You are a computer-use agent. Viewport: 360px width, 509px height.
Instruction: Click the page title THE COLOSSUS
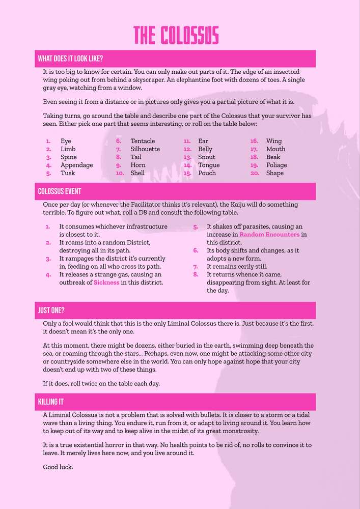point(176,36)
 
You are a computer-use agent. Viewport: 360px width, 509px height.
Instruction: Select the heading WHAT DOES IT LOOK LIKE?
point(71,59)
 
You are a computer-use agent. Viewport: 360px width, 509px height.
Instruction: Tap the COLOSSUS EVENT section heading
point(60,191)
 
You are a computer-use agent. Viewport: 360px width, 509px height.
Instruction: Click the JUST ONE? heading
point(51,310)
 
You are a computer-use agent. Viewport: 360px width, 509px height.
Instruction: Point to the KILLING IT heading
point(51,402)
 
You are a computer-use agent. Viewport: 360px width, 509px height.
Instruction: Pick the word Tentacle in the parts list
point(143,141)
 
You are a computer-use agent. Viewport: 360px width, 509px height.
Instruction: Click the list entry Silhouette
point(145,149)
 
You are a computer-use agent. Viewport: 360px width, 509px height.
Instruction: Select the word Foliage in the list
point(276,165)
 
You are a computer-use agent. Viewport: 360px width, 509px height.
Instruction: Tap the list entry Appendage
point(77,165)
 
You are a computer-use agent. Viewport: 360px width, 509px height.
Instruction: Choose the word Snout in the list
point(207,157)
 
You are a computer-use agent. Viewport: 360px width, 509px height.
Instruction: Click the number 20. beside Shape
point(254,173)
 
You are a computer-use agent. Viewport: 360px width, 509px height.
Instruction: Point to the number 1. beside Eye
point(48,141)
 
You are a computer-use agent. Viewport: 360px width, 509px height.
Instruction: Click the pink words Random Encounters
point(269,235)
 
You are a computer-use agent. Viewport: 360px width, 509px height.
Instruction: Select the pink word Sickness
point(106,282)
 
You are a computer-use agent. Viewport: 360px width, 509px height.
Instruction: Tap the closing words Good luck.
point(58,466)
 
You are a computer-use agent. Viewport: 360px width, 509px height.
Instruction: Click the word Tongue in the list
point(209,165)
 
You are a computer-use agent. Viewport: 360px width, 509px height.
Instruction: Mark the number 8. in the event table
point(196,274)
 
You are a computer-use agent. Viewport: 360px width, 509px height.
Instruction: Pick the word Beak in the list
point(273,157)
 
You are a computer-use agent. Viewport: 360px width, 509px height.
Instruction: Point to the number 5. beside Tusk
point(49,173)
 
